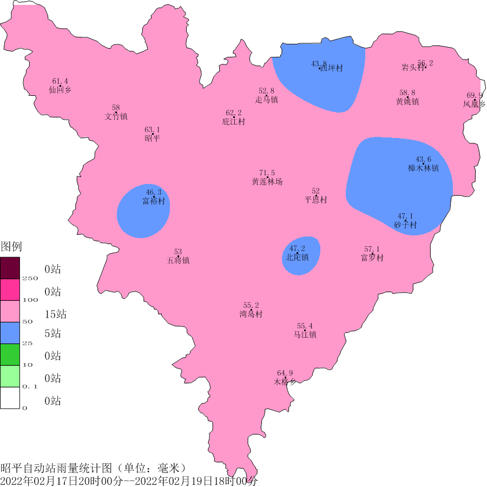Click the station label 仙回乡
pyautogui.click(x=60, y=90)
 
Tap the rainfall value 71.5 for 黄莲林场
pyautogui.click(x=267, y=173)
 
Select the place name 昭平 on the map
pyautogui.click(x=153, y=139)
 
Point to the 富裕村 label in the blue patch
pyautogui.click(x=154, y=201)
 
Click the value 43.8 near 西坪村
pyautogui.click(x=319, y=64)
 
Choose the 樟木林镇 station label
pyautogui.click(x=423, y=168)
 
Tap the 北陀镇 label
pyautogui.click(x=298, y=258)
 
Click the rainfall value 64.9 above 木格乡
pyautogui.click(x=285, y=373)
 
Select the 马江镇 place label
pyautogui.click(x=305, y=335)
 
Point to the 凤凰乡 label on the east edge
pyautogui.click(x=474, y=103)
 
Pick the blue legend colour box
pyautogui.click(x=10, y=332)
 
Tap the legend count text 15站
pyautogui.click(x=56, y=314)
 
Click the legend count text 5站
pyautogui.click(x=52, y=333)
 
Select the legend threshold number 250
pyautogui.click(x=30, y=278)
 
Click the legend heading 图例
pyautogui.click(x=11, y=247)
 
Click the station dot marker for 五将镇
pyautogui.click(x=178, y=256)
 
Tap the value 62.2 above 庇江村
pyautogui.click(x=234, y=113)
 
